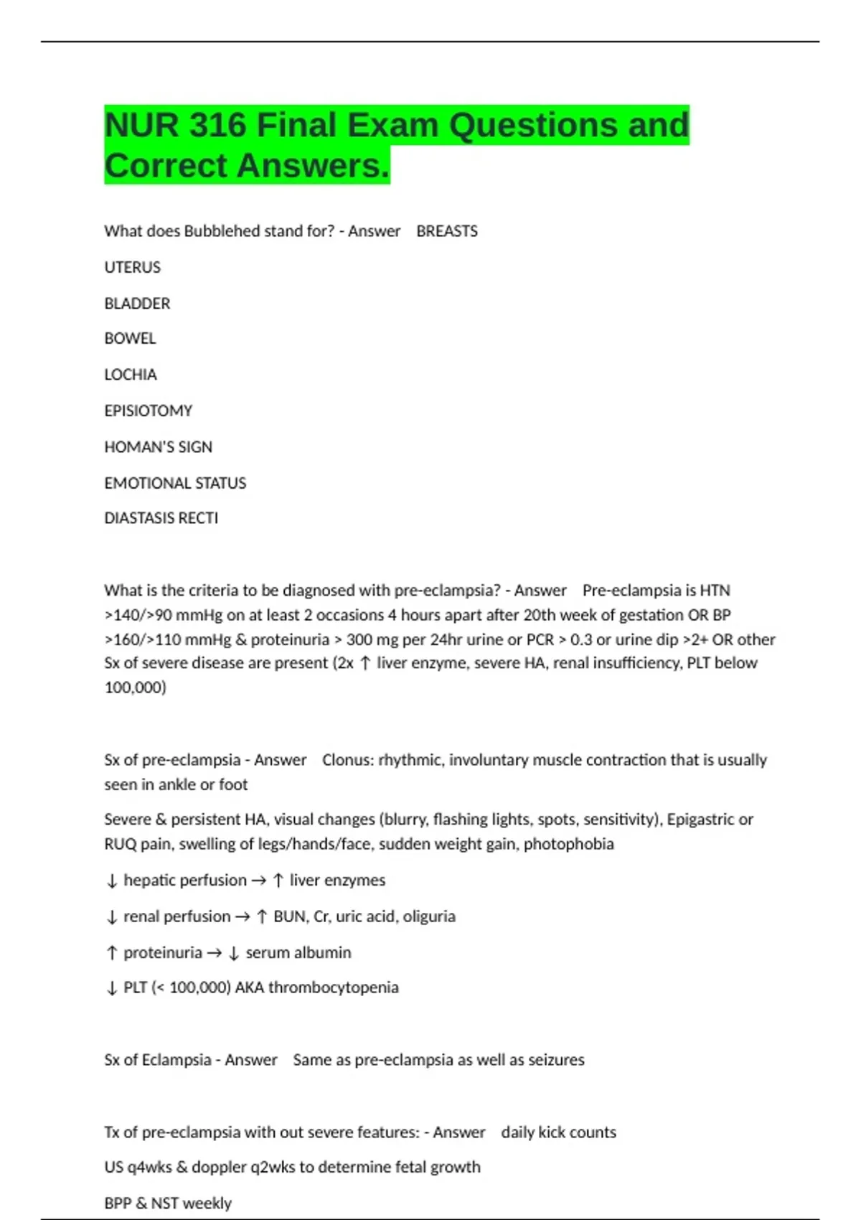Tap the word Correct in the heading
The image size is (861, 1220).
pos(166,166)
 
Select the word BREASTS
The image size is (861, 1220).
pos(446,231)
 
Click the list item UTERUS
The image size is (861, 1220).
pos(133,268)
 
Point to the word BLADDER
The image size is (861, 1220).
pos(137,304)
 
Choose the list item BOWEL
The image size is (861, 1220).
pos(130,339)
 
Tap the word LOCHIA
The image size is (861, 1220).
pos(131,375)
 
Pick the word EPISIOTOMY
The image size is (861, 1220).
pos(149,411)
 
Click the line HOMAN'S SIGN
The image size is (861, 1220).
pos(158,447)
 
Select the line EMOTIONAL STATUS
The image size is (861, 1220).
pos(175,483)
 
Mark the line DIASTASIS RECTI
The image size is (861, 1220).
pos(161,518)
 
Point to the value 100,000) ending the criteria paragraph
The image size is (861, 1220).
pos(135,688)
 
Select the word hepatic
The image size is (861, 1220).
pos(149,881)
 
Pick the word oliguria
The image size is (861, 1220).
pos(429,916)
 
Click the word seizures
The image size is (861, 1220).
pos(556,1060)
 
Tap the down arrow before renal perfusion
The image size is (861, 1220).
pos(111,917)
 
